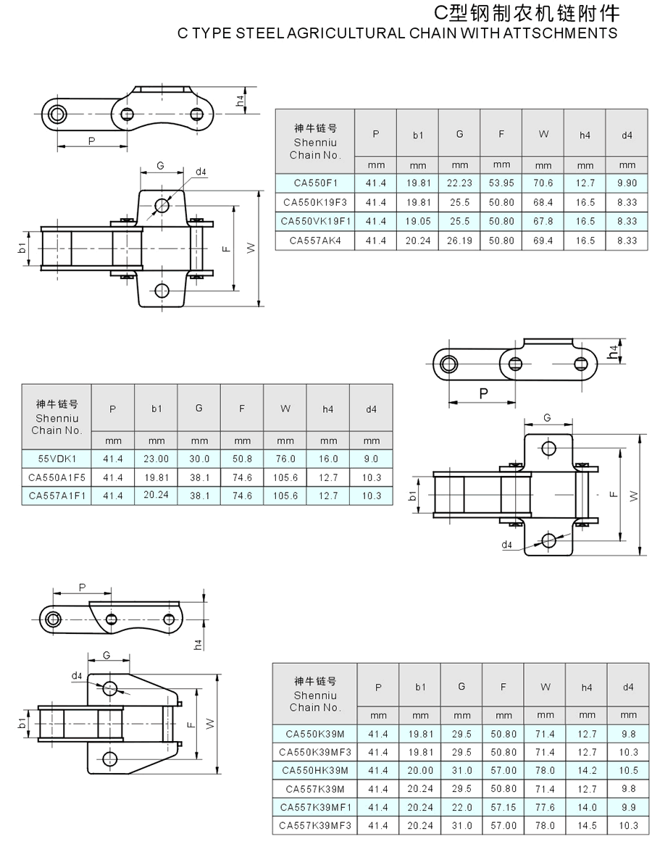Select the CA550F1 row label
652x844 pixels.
pyautogui.click(x=315, y=183)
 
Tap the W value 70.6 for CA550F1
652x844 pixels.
pyautogui.click(x=543, y=183)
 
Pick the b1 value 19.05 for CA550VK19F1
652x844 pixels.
pyautogui.click(x=418, y=221)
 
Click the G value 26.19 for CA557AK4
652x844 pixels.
pyautogui.click(x=459, y=241)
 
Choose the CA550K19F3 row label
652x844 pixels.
pyautogui.click(x=315, y=202)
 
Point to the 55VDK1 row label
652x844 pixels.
pyautogui.click(x=57, y=459)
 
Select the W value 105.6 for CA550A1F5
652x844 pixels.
pyautogui.click(x=285, y=477)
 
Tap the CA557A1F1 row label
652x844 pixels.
pyautogui.click(x=57, y=496)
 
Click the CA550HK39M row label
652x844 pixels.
pyautogui.click(x=315, y=770)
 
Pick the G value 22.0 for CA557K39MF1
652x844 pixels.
pyautogui.click(x=461, y=807)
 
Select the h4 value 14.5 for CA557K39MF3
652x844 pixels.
pyautogui.click(x=587, y=826)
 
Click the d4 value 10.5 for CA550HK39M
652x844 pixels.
pyautogui.click(x=628, y=770)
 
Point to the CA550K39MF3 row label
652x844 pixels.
pyautogui.click(x=315, y=751)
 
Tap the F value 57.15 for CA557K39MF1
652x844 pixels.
pyautogui.click(x=503, y=807)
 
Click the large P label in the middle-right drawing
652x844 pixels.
pyautogui.click(x=482, y=393)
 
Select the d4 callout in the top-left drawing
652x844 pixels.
pyautogui.click(x=201, y=172)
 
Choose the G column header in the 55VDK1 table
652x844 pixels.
pyautogui.click(x=199, y=409)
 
